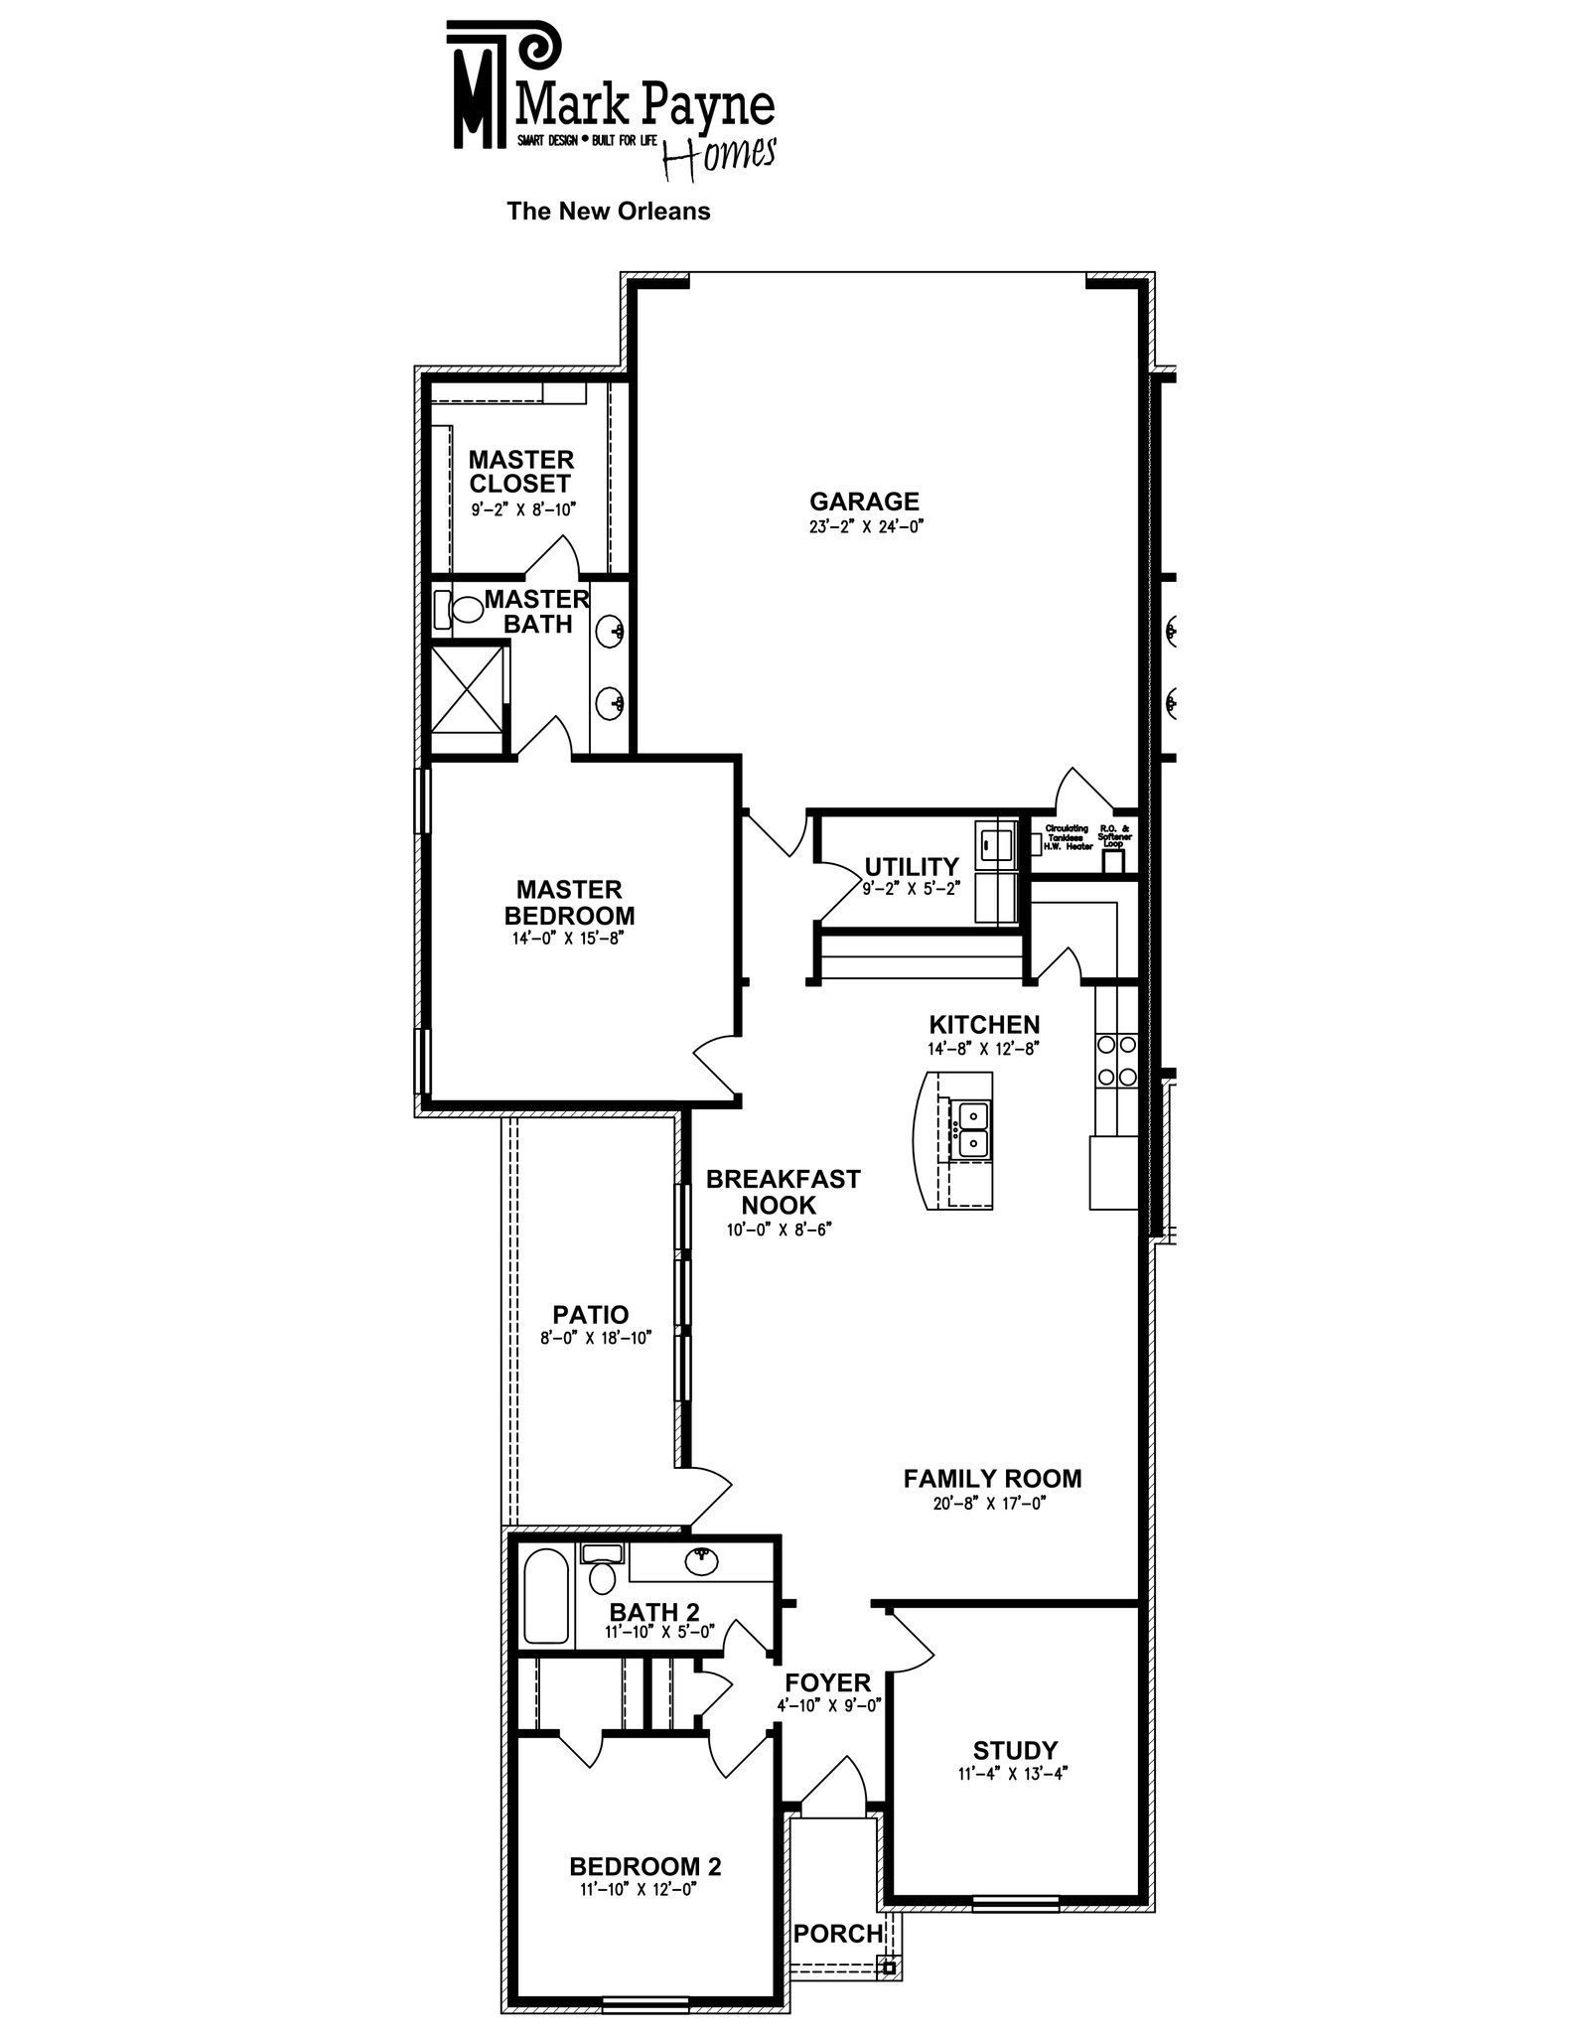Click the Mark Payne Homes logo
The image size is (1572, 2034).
coord(610,99)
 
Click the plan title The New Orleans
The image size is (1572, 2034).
coord(608,212)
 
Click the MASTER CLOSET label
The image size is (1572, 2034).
coord(520,472)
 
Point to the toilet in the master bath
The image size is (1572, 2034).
coord(458,608)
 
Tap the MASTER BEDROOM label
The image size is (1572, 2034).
coord(569,902)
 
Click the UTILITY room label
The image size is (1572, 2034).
coord(911,866)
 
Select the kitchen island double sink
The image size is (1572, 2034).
coord(967,1129)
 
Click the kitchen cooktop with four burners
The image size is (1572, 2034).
coord(1115,1060)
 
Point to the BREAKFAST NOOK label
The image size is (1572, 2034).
coord(783,1192)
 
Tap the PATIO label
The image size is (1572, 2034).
coord(591,1314)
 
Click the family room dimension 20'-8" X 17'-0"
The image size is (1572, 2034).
coord(990,1504)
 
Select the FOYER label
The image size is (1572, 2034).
coord(827,1682)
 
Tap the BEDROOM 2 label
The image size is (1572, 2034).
coord(644,1866)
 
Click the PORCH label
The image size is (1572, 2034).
coord(837,1933)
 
